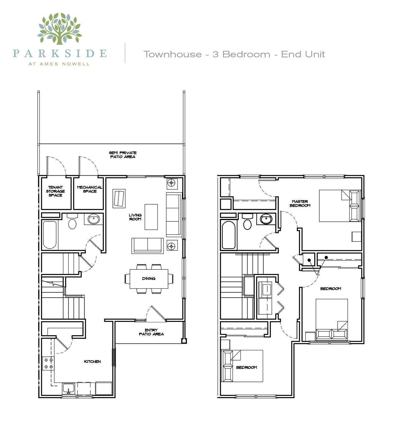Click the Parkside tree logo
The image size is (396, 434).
[59, 29]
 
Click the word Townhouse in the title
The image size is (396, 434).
[173, 55]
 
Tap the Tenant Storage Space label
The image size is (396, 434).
[56, 191]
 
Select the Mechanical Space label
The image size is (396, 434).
[89, 189]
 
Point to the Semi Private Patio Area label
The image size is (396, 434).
[123, 155]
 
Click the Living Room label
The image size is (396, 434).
[135, 217]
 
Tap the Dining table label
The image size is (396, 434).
[149, 279]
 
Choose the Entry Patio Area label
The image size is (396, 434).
[151, 332]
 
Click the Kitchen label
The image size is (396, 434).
[92, 361]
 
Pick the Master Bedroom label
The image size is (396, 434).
[300, 203]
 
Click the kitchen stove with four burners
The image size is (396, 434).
[48, 363]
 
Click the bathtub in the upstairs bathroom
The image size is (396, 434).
[229, 235]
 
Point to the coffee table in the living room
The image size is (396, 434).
[151, 217]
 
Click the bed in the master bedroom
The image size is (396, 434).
[340, 206]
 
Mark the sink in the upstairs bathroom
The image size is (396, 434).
[266, 219]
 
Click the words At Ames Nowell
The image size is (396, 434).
[59, 64]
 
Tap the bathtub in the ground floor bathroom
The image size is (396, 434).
[50, 235]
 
